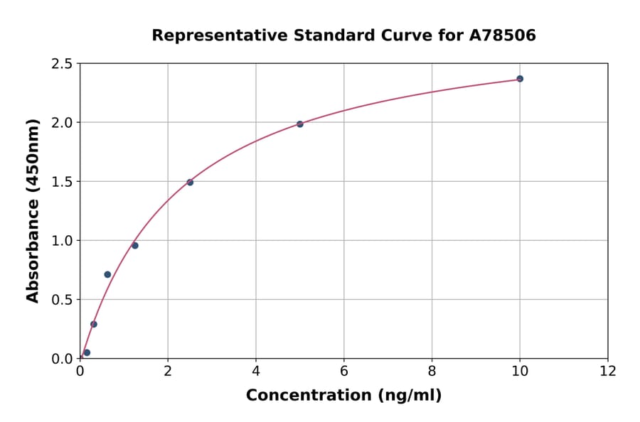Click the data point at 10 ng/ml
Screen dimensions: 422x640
pos(520,79)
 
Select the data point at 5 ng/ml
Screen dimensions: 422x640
pos(300,124)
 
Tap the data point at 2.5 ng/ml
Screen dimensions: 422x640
pos(190,183)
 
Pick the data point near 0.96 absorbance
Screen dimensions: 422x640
pos(135,246)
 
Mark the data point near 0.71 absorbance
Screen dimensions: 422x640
pos(107,274)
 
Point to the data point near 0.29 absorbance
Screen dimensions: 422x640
pos(94,324)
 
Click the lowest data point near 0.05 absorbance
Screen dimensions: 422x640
pos(87,352)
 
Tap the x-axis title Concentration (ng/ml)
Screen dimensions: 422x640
pos(343,396)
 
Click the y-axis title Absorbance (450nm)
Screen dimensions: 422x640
pos(33,211)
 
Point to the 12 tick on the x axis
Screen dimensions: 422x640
pos(608,370)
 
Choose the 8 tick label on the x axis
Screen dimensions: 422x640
pos(432,370)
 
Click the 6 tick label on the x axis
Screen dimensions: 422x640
pos(343,370)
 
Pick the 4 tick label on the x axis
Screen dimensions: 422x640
pos(256,370)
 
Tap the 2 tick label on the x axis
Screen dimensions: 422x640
pos(168,370)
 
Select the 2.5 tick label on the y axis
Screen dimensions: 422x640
pos(63,64)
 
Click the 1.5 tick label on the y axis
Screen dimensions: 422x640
pos(63,182)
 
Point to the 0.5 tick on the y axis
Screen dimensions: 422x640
pos(63,300)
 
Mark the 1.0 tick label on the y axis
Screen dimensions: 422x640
pos(63,241)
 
